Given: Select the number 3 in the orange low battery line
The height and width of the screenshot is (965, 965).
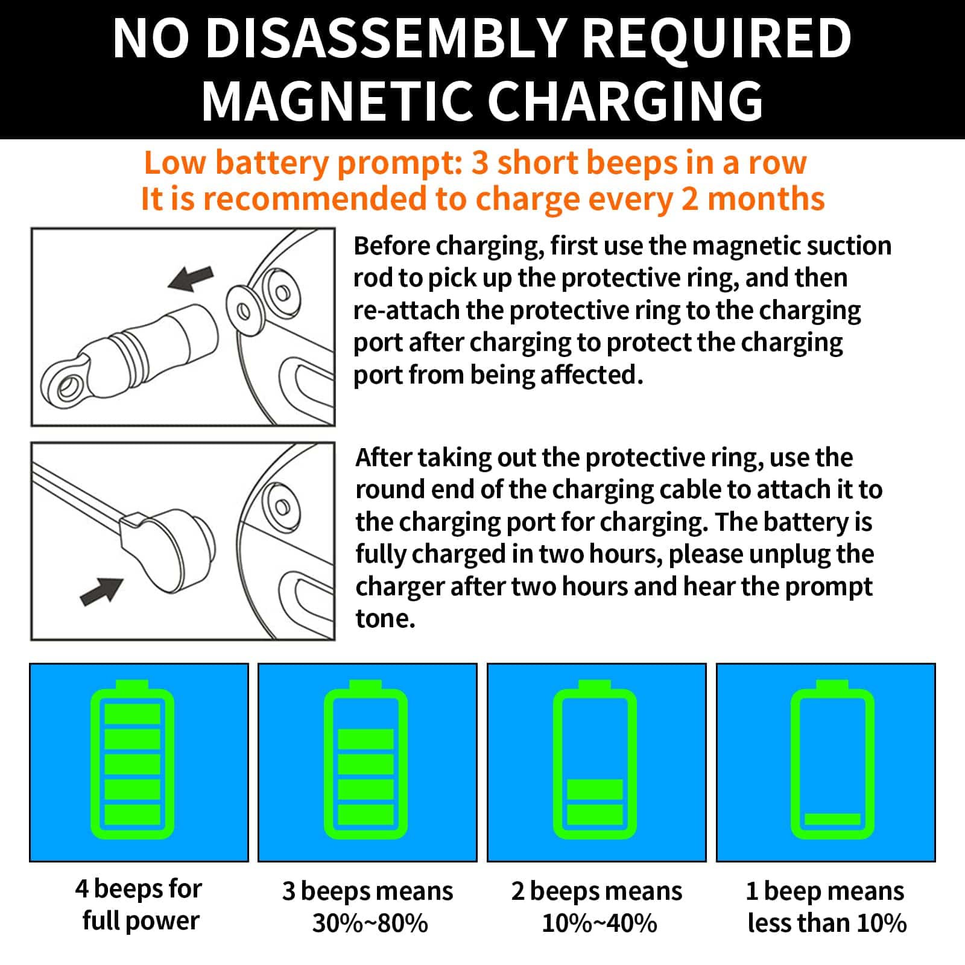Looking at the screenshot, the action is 480,163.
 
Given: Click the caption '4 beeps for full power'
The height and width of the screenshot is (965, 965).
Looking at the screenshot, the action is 139,905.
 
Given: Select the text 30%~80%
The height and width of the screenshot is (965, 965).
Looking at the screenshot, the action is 370,923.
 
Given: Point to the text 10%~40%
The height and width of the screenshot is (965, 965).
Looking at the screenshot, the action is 600,923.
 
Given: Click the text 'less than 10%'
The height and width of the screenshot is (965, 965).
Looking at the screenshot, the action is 827,923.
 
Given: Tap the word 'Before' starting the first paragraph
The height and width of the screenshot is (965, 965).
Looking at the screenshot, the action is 392,246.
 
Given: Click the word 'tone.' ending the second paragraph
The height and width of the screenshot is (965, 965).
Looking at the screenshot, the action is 385,619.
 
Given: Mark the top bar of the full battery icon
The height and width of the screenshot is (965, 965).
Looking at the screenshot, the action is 133,713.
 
